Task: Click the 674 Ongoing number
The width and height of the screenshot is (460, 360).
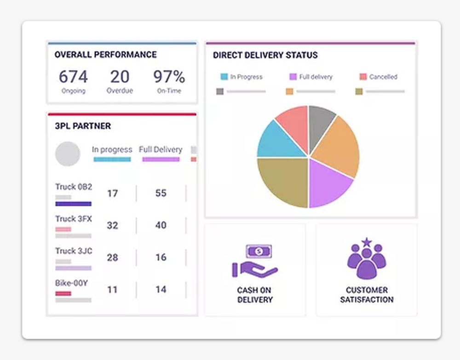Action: coord(73,76)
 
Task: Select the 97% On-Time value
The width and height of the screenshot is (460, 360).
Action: coord(169,76)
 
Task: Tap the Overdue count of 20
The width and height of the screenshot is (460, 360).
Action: coord(120,76)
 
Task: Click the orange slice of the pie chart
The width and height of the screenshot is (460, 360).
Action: coord(336,146)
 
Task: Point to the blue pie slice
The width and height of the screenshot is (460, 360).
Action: coord(275,141)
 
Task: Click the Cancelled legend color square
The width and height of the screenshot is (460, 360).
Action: coord(363,77)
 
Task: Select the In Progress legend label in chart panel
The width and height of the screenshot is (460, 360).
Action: coord(246,77)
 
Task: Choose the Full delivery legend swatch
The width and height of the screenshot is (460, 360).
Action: coord(293,77)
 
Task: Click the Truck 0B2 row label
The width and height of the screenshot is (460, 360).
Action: coord(74,187)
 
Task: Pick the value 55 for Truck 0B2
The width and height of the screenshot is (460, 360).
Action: coord(161,193)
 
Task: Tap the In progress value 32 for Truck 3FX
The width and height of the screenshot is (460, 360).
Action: coord(112,225)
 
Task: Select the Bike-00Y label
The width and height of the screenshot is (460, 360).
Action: coord(71,283)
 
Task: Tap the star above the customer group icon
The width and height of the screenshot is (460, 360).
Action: coord(366,241)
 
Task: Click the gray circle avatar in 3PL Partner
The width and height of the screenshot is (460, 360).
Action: coord(68,154)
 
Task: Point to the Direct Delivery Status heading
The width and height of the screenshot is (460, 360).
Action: coord(265,55)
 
